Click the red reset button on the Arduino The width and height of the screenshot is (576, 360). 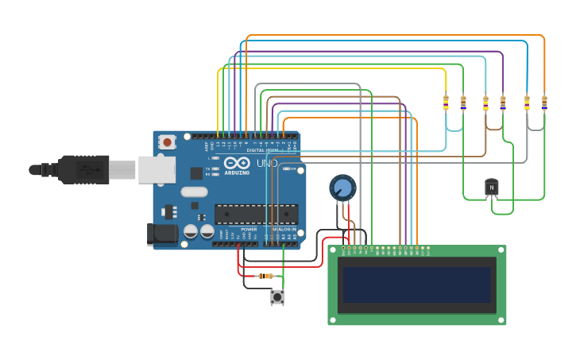click(x=167, y=142)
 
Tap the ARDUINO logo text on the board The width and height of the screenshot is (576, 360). click(x=237, y=172)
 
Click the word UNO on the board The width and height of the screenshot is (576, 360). click(x=268, y=164)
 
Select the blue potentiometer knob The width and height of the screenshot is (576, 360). click(x=342, y=188)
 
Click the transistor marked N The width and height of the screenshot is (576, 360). click(x=491, y=187)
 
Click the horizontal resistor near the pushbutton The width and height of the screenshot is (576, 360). click(x=265, y=276)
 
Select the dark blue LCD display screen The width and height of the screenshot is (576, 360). click(x=417, y=284)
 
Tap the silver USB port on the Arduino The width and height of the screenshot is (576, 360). click(x=157, y=169)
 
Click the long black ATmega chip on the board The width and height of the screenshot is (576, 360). click(x=257, y=214)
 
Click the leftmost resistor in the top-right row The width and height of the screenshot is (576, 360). click(x=446, y=103)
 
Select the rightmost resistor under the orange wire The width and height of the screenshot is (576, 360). click(x=544, y=103)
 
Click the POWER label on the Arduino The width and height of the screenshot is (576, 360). click(x=249, y=229)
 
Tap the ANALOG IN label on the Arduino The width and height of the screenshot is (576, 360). click(x=284, y=229)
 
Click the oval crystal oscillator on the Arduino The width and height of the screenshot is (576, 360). click(x=194, y=192)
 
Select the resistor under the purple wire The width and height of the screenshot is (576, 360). click(x=502, y=103)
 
